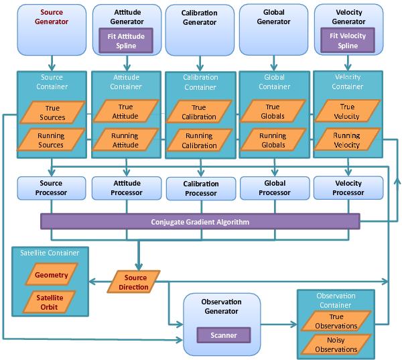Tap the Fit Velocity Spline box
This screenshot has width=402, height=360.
coord(348,40)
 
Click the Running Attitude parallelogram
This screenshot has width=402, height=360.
coord(125,140)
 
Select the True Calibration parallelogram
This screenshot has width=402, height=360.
coord(199,113)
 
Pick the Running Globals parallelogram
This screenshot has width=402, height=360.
coord(273,140)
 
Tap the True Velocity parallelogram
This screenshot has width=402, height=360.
coord(347,111)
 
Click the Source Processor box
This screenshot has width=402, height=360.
coord(52,188)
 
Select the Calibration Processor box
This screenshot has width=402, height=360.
coord(200,188)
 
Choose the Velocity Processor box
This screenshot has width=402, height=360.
coord(348,188)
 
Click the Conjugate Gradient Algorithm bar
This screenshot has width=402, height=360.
coord(200,222)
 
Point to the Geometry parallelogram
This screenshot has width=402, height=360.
coord(52,274)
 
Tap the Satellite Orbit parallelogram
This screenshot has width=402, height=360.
coord(52,302)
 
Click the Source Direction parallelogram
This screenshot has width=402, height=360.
coord(133,281)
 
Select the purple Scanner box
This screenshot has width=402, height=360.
coord(222,335)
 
